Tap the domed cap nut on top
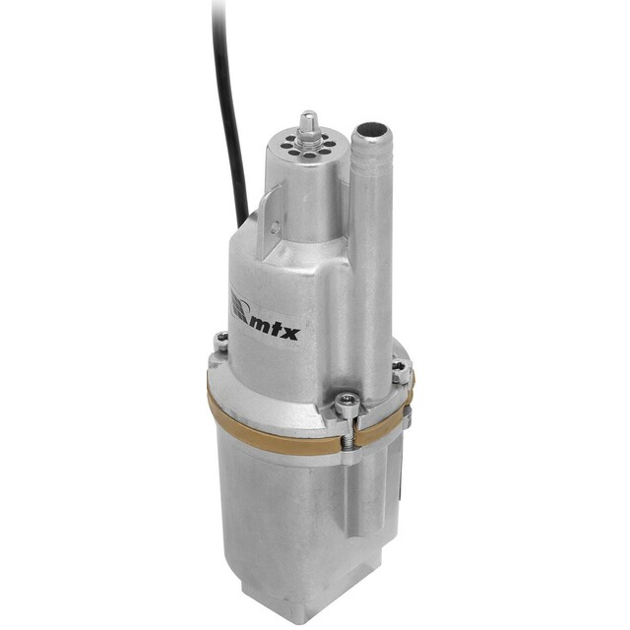(x=308, y=123)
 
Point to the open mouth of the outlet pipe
(x=370, y=131)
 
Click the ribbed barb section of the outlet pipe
(x=370, y=157)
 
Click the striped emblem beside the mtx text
(x=238, y=307)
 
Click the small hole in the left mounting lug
(x=275, y=228)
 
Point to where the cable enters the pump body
(x=244, y=220)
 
